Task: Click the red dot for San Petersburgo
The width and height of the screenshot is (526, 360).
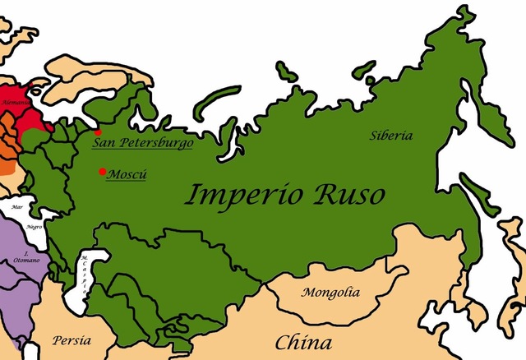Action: pyautogui.click(x=98, y=132)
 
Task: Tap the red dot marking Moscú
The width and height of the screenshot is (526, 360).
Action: pyautogui.click(x=102, y=171)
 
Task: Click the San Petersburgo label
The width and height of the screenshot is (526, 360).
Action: pyautogui.click(x=142, y=143)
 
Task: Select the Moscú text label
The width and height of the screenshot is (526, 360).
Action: pyautogui.click(x=128, y=173)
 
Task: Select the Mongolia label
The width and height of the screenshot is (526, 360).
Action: pyautogui.click(x=330, y=292)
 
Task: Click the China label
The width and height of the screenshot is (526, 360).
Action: pyautogui.click(x=303, y=342)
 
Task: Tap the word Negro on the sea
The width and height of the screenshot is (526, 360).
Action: pyautogui.click(x=34, y=225)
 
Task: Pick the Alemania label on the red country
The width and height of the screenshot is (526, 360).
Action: pyautogui.click(x=12, y=103)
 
